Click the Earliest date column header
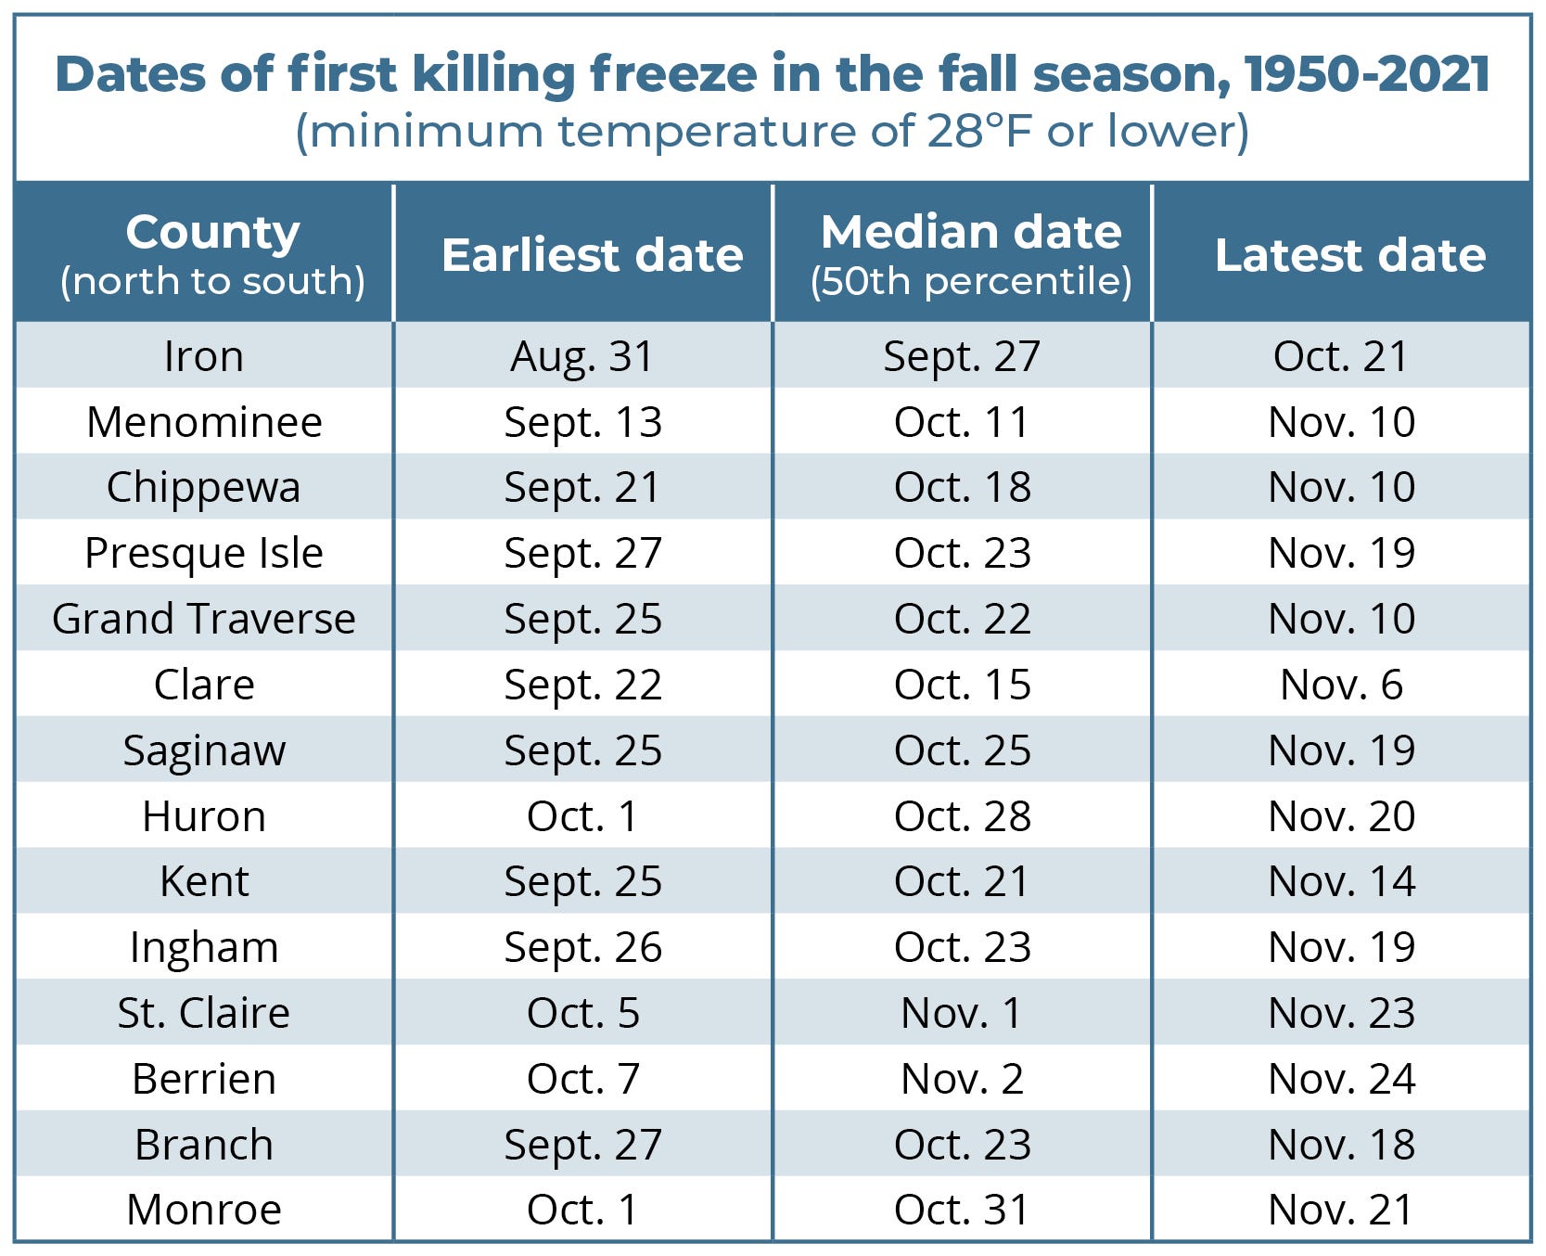(592, 254)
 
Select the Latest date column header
(1349, 254)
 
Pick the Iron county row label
(203, 356)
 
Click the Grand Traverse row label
(203, 619)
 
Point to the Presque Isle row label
(203, 553)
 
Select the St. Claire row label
(203, 1013)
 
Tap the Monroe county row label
(203, 1210)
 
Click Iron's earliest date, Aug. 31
(582, 356)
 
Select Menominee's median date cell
(962, 422)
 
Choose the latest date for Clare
(1341, 685)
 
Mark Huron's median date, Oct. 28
(962, 816)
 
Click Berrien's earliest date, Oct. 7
(582, 1079)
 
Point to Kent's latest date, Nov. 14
(1341, 881)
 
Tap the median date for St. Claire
(962, 1013)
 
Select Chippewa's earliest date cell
(582, 487)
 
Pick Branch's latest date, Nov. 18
(1341, 1145)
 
